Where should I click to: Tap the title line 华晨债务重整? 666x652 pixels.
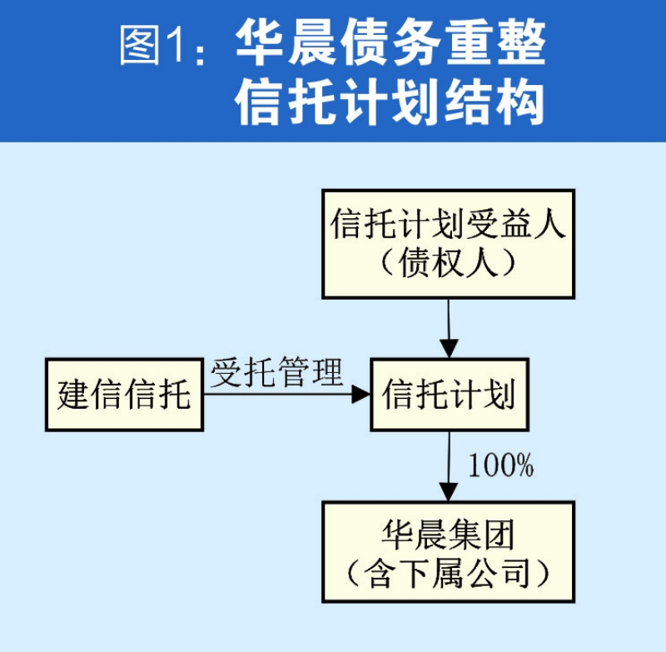click(391, 43)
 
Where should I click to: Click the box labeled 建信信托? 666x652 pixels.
click(124, 395)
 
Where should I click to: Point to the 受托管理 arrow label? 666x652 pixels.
click(276, 372)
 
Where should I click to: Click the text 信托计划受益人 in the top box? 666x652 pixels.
click(448, 225)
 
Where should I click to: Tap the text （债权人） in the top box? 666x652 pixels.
click(448, 264)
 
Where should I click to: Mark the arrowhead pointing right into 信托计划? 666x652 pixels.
click(361, 395)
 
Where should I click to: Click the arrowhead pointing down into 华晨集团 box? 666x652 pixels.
click(449, 492)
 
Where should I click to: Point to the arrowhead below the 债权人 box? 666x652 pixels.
click(449, 348)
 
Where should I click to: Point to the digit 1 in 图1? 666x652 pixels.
click(174, 46)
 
